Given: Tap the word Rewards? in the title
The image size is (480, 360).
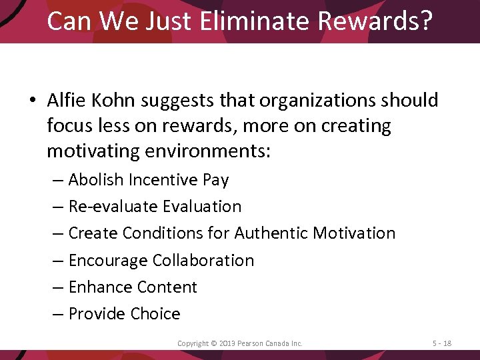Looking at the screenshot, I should tap(375, 21).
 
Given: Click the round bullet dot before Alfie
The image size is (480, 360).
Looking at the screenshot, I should tap(31, 101).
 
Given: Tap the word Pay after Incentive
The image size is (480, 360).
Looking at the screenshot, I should tap(215, 180).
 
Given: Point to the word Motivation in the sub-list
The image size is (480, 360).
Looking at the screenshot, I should tap(354, 233).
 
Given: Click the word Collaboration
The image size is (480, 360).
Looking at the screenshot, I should tap(203, 260).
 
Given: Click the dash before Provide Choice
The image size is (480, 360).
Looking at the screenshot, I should tap(59, 314).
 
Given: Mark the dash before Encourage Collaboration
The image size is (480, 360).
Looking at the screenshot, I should tap(59, 261).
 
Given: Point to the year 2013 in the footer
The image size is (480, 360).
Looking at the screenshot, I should tap(224, 343).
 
